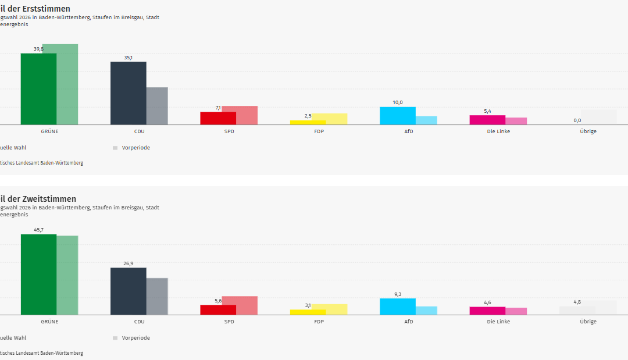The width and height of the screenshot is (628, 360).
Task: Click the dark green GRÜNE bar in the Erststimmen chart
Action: pos(38,89)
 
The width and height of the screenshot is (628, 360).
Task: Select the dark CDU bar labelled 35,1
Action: pos(128,93)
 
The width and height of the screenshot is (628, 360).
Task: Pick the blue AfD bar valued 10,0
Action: pos(397,116)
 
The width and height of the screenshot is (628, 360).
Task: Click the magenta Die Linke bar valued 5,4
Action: pos(487,120)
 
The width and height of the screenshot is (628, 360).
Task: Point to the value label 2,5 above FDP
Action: pos(308,116)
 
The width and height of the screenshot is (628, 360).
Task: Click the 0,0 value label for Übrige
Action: pos(577,120)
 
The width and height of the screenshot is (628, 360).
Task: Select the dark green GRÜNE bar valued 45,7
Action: pos(38,275)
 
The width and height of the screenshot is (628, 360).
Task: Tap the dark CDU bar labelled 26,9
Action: pos(128,291)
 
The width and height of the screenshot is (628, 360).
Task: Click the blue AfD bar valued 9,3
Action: pos(397,306)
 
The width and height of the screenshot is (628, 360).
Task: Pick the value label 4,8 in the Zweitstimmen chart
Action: pos(577,302)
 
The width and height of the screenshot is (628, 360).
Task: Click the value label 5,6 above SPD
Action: pos(218,301)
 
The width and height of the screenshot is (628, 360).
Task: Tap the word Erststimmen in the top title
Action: pos(45,9)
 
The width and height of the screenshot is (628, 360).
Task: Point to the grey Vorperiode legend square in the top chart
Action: pos(115,148)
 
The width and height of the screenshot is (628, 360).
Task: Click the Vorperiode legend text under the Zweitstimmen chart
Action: pos(135,338)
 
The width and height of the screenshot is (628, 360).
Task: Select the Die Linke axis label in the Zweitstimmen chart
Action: pos(498,322)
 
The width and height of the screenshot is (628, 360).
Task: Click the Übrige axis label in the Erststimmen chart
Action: pos(588,131)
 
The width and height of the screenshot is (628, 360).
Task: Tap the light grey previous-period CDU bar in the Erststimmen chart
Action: pos(157,106)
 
